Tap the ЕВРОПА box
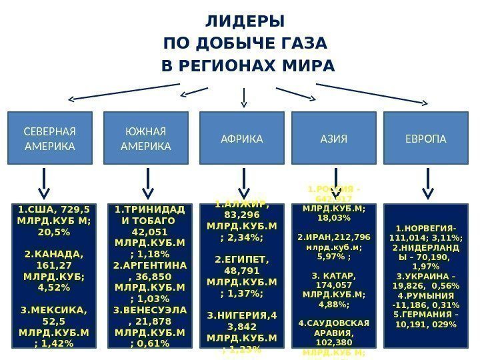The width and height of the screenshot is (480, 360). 427,139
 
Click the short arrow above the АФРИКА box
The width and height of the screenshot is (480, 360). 244,98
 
